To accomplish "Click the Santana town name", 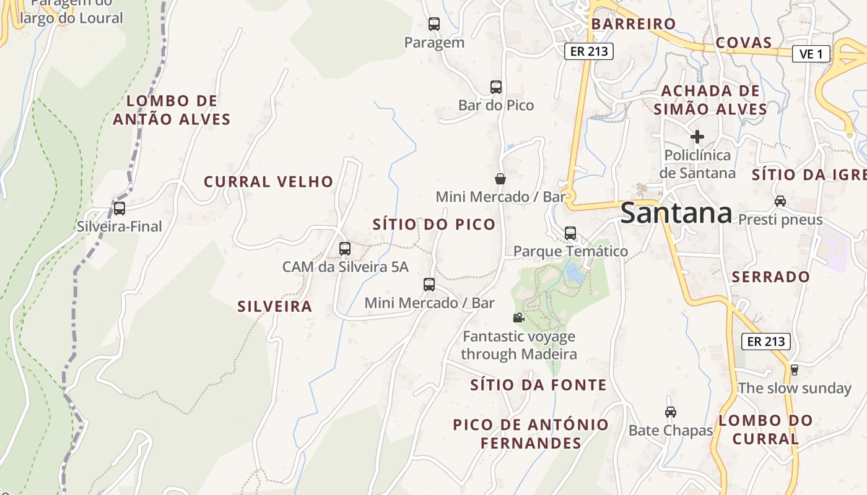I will coord(676,213).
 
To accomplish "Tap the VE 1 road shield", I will coord(811,54).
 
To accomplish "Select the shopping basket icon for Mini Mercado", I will coord(500,179).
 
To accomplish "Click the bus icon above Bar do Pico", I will coord(495,87).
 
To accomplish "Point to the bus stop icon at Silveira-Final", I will coord(120,209).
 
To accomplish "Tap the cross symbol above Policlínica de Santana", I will coord(697,136).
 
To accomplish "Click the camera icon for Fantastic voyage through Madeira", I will coord(518,318).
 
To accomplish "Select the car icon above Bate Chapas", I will coord(670,411).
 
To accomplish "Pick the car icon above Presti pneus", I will coord(780,201).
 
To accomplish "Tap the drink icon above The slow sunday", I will coord(795,370).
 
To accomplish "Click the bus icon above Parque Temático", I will coord(570,233).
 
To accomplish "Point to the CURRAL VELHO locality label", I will coord(269,182).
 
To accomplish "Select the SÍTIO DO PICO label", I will coord(434,225).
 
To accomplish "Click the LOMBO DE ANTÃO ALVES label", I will coord(172,110).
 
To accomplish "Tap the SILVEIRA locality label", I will coord(274,306).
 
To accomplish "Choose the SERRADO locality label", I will coord(770,277).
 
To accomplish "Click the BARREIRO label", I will coord(633,24).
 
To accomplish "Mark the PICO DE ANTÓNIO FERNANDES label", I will coord(531,434).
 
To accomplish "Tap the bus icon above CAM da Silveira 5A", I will coord(345,249).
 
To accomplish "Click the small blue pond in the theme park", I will coord(575,274).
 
